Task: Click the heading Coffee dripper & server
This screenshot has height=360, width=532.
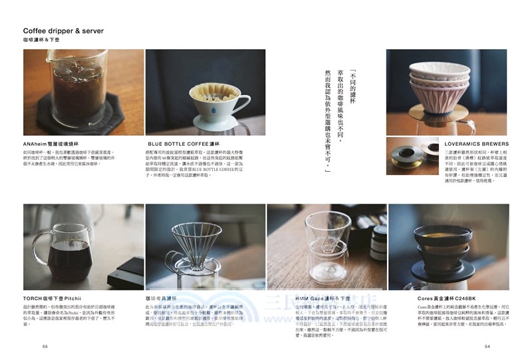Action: click(x=63, y=31)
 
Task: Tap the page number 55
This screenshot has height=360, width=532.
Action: click(x=45, y=346)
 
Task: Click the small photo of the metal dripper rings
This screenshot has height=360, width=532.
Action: click(x=412, y=156)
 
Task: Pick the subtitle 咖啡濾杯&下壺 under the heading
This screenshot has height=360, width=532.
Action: click(x=40, y=42)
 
